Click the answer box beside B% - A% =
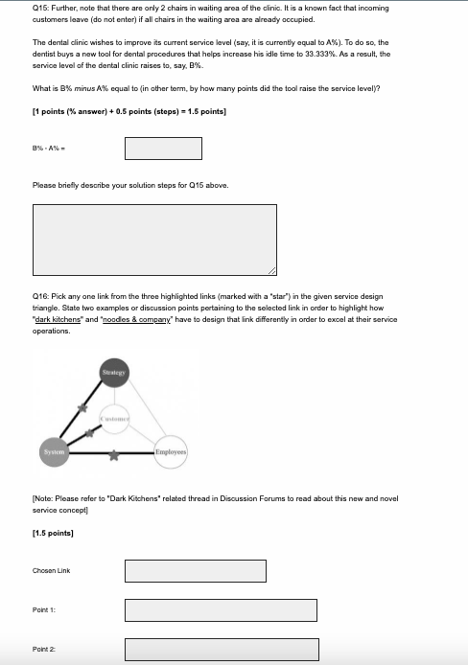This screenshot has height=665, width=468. (163, 149)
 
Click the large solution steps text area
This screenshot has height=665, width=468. (154, 240)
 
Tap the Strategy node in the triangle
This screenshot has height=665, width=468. (114, 373)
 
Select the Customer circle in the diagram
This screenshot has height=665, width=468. (114, 419)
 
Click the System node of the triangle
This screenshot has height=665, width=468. (54, 452)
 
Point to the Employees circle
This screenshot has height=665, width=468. (171, 452)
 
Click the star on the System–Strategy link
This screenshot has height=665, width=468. (82, 408)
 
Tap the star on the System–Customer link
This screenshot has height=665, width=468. (89, 433)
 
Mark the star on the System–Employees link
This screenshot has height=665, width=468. (114, 455)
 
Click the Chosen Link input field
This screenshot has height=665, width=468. (196, 571)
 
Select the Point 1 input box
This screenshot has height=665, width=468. (221, 610)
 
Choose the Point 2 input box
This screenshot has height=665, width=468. (222, 650)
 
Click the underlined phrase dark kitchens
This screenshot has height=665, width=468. (58, 319)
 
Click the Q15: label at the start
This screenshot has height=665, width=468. (40, 8)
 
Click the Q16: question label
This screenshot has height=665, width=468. (40, 296)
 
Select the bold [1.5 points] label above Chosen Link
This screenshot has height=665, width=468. (53, 533)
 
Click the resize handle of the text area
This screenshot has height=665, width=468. (272, 271)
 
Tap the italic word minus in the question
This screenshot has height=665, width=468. (84, 89)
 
